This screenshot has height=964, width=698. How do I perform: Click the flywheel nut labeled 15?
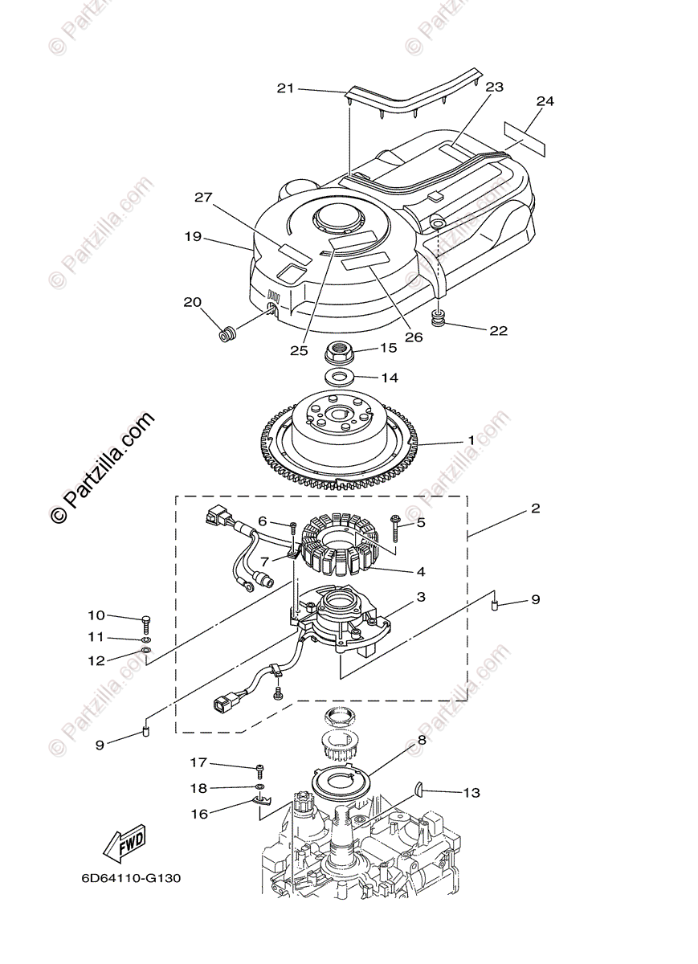(x=344, y=351)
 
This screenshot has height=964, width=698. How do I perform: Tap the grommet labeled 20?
(x=228, y=332)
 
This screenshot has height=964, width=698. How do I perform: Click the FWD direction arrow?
(x=124, y=843)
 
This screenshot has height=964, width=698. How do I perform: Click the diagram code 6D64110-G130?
(x=131, y=877)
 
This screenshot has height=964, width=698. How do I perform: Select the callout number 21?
(x=286, y=88)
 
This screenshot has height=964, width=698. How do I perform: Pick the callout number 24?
(x=545, y=101)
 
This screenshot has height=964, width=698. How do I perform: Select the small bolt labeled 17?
(x=260, y=770)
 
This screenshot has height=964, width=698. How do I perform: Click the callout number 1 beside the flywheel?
(x=471, y=441)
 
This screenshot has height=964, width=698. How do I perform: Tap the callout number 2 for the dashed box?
(x=535, y=509)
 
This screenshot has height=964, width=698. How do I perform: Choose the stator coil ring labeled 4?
(x=341, y=546)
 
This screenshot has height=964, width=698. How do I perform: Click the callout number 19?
(x=192, y=237)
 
